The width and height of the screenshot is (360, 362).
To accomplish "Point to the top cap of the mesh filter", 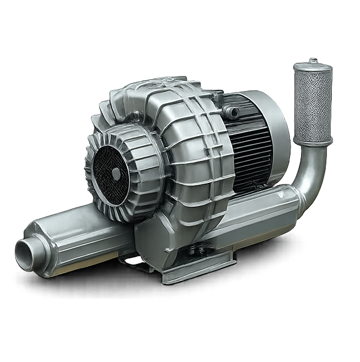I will [x=313, y=66].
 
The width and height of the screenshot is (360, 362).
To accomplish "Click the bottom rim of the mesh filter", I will [x=312, y=140].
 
